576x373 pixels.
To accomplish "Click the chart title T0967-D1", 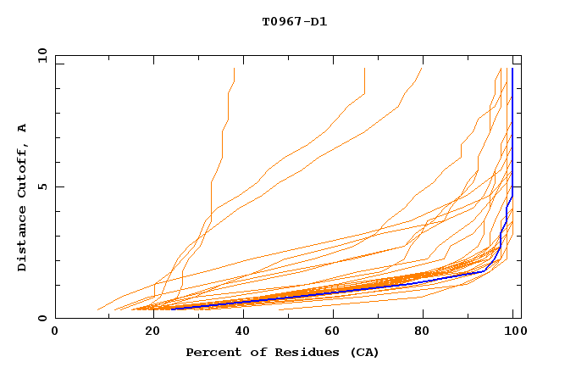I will click(x=294, y=21).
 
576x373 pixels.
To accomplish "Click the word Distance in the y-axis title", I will click(x=22, y=239).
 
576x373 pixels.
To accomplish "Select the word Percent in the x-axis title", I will click(x=212, y=352).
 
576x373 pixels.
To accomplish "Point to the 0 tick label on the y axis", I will click(x=42, y=319).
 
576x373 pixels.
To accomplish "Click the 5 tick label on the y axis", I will click(x=42, y=186).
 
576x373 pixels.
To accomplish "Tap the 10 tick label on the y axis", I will click(x=39, y=54).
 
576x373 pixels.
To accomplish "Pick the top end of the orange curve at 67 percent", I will click(x=364, y=70).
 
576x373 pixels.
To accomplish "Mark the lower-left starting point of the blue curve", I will click(x=173, y=309).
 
